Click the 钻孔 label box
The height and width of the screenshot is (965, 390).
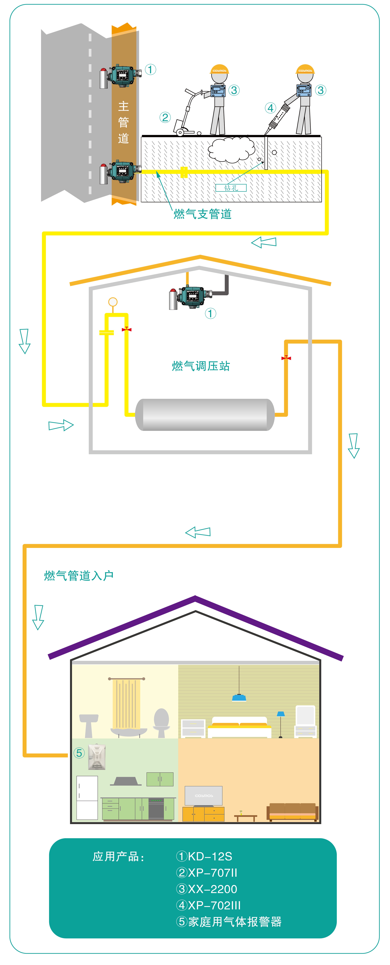click(231, 188)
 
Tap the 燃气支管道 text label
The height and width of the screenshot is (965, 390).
click(203, 214)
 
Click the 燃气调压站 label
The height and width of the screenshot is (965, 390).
click(201, 366)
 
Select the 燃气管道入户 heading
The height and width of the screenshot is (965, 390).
click(79, 575)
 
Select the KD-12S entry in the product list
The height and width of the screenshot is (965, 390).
click(204, 856)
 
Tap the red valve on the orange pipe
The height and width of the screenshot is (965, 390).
click(286, 358)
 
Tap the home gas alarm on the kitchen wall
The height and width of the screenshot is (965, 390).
click(97, 757)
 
